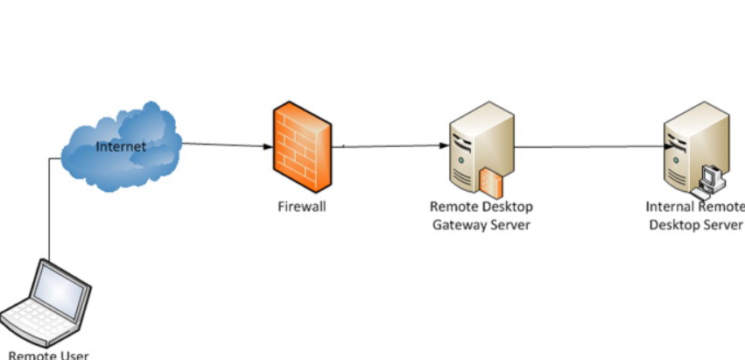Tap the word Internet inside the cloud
point(121,146)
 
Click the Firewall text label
point(302,208)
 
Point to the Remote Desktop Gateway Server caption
point(481,215)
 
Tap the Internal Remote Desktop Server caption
point(695,215)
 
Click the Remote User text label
point(48,355)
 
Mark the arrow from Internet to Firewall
point(226,145)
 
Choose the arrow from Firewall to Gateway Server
point(390,146)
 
